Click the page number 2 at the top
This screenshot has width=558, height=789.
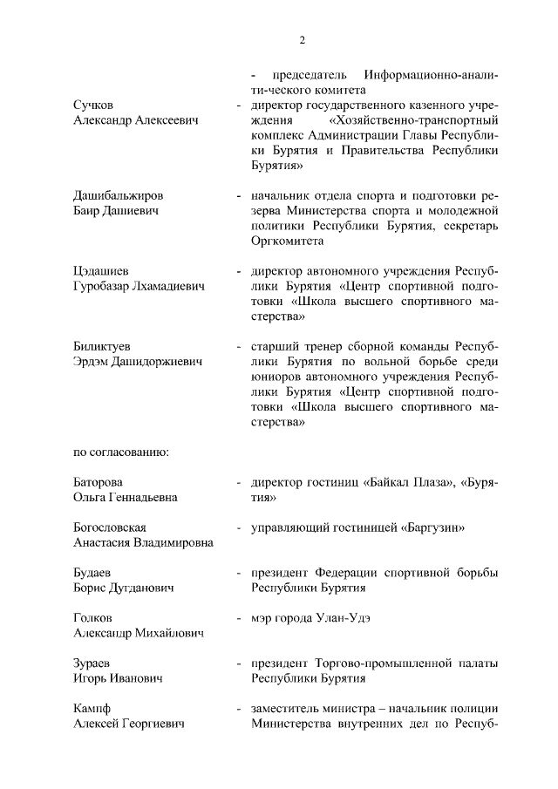(x=303, y=39)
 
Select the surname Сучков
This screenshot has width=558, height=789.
(x=95, y=105)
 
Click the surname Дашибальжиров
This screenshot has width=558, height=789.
(x=118, y=195)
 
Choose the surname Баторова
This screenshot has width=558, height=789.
(x=98, y=482)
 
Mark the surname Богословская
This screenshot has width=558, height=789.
(x=109, y=527)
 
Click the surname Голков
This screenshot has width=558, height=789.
(x=92, y=617)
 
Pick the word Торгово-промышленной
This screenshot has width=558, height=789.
(x=378, y=663)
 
